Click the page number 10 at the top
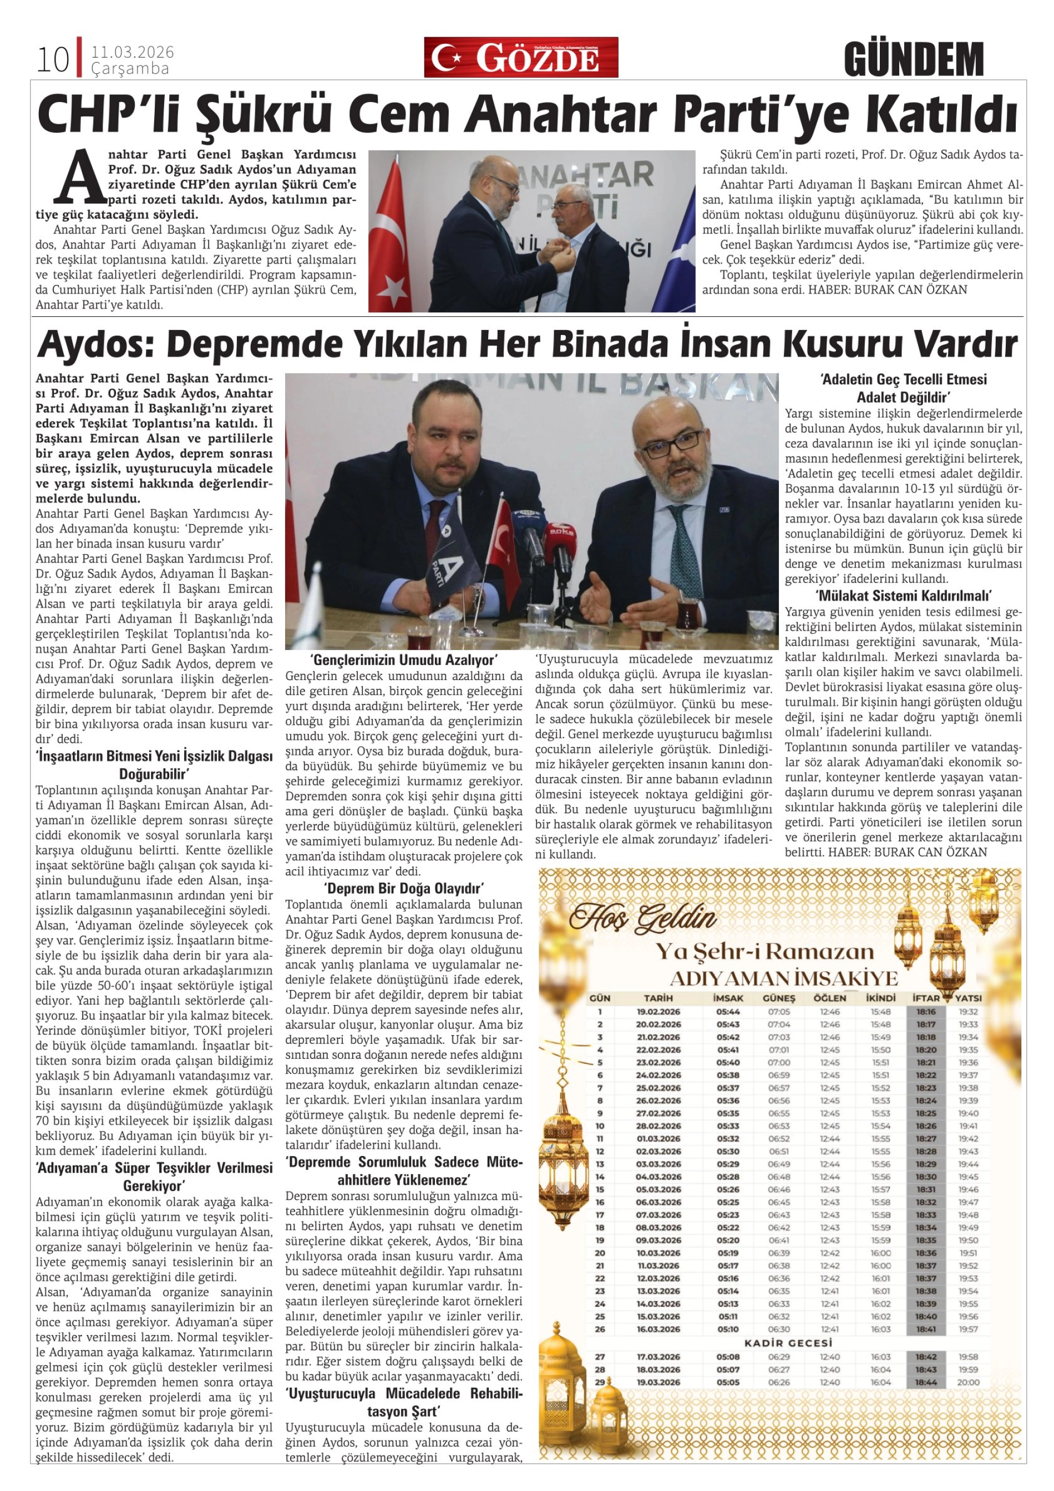[x=53, y=60]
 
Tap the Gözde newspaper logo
[x=521, y=58]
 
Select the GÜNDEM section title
[x=914, y=59]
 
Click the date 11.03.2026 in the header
[x=133, y=53]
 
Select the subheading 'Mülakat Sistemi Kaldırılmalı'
[x=903, y=596]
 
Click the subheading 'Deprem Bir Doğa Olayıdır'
[x=404, y=887]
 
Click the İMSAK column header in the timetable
[x=728, y=998]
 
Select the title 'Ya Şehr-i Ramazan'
[x=764, y=952]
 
